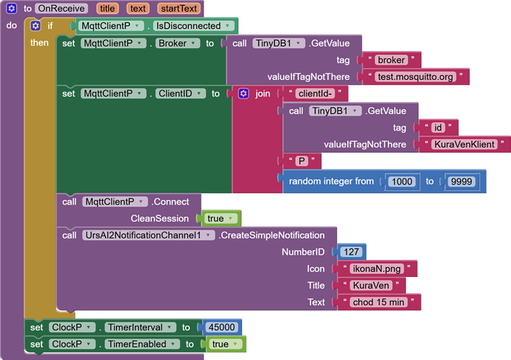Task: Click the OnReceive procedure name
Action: coord(61,9)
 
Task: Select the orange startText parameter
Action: coord(178,9)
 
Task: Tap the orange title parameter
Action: coord(107,9)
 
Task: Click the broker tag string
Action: coord(391,60)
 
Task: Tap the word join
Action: coord(262,94)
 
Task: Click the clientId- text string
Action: coord(315,94)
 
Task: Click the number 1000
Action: coord(401,181)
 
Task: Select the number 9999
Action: coord(461,181)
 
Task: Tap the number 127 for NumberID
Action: coord(351,252)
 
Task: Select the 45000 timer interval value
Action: coord(221,327)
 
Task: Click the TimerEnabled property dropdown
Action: coord(141,344)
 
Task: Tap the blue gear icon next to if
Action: coord(35,26)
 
